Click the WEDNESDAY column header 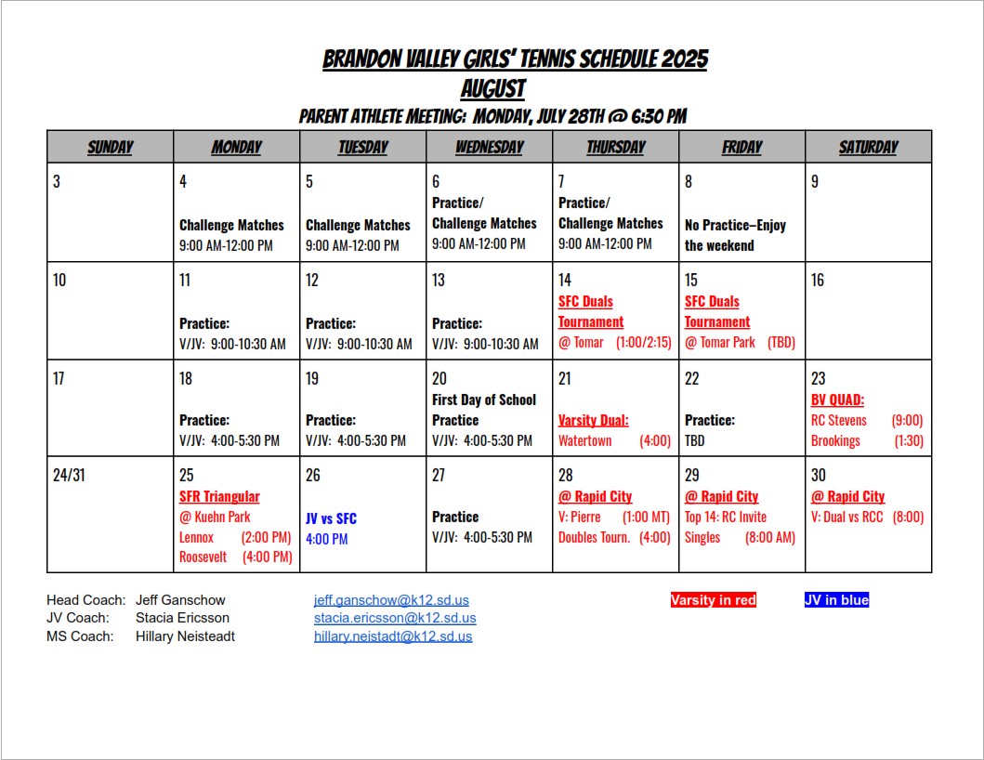click(489, 147)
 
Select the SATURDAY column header click(868, 147)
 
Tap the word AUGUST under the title click(493, 89)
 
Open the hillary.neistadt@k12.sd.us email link click(393, 636)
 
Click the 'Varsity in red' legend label click(713, 600)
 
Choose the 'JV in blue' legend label click(836, 600)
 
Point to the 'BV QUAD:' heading click(837, 400)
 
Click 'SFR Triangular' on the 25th click(219, 496)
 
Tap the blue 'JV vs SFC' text click(331, 518)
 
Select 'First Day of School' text click(484, 400)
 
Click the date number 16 click(818, 280)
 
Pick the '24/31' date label click(67, 475)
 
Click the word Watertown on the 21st click(584, 440)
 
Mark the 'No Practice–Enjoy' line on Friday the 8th click(735, 225)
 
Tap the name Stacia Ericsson click(182, 618)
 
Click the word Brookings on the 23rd click(835, 440)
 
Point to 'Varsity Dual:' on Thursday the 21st click(593, 420)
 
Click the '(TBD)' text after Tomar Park click(781, 342)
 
